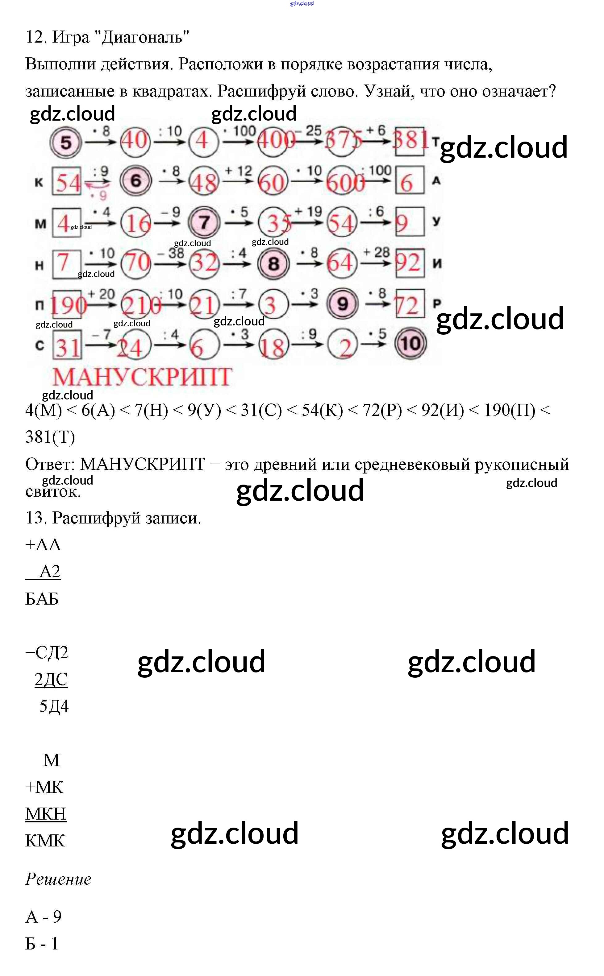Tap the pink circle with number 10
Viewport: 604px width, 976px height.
click(x=410, y=343)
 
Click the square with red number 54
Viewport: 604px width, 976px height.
click(x=67, y=182)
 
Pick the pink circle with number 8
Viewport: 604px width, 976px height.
click(x=273, y=263)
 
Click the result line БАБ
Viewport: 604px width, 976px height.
click(x=42, y=598)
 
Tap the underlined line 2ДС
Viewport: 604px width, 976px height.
click(x=51, y=679)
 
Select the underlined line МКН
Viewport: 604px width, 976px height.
click(x=46, y=813)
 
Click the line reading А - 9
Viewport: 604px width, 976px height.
click(x=44, y=916)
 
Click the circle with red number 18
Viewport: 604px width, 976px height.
click(x=273, y=345)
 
